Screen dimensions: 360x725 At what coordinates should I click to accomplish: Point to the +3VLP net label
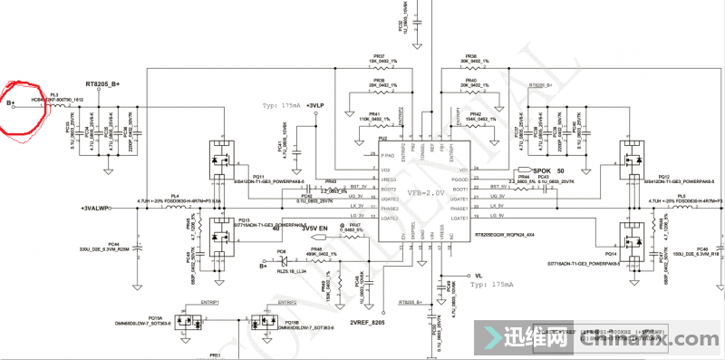click(x=314, y=105)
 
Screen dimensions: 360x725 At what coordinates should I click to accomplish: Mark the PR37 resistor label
click(x=380, y=56)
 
